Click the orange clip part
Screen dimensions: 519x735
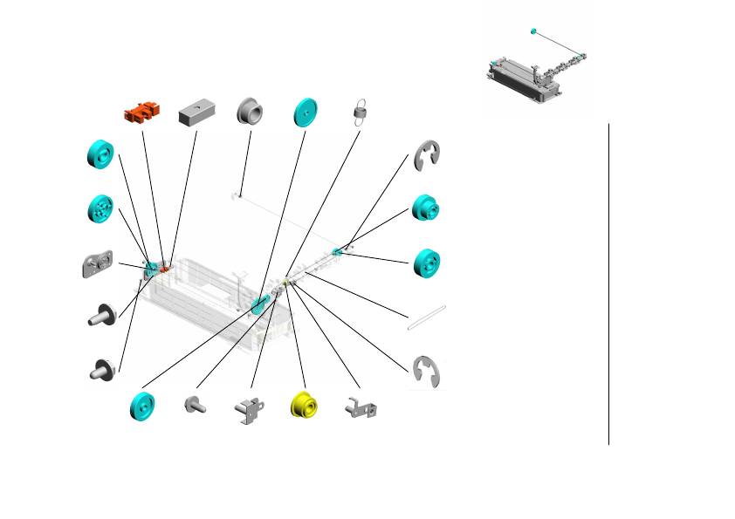click(x=143, y=112)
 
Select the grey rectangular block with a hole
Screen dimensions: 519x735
click(x=196, y=113)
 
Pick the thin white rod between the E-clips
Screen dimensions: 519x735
click(x=427, y=317)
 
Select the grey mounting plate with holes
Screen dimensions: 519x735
click(x=99, y=263)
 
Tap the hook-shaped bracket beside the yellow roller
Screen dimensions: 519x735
click(x=362, y=406)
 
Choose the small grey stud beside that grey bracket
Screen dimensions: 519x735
click(x=194, y=405)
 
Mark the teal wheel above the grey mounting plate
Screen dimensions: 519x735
click(x=102, y=209)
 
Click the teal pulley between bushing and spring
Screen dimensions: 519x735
click(x=306, y=112)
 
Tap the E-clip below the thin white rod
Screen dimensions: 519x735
click(x=427, y=372)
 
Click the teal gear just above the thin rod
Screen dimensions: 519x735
click(x=427, y=263)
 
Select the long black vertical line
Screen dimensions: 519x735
click(x=608, y=283)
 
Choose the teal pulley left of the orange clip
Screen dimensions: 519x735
click(x=100, y=154)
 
